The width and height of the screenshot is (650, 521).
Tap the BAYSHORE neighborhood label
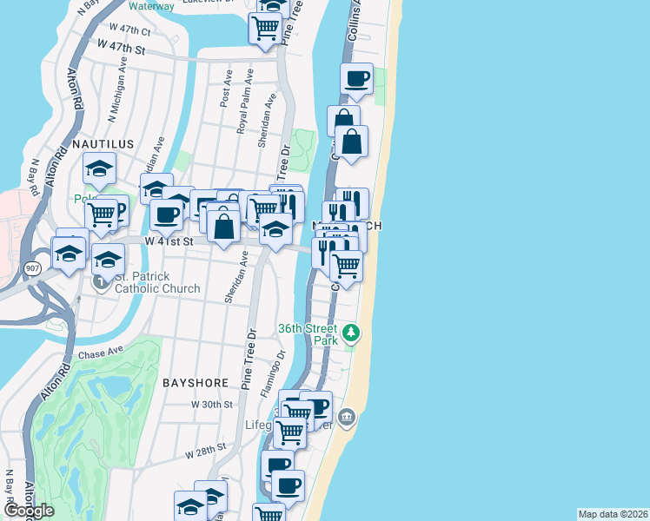(x=196, y=382)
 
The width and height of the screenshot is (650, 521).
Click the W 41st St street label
(x=169, y=241)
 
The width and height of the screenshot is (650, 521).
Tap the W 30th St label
(x=212, y=405)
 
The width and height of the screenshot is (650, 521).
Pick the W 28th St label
(x=205, y=450)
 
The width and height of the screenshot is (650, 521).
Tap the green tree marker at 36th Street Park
(x=351, y=332)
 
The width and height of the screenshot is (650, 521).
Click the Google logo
(x=29, y=511)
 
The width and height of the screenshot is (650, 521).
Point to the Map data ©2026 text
(x=613, y=514)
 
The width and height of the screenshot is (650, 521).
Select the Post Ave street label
(x=226, y=89)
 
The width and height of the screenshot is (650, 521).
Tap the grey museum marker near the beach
(x=347, y=418)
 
